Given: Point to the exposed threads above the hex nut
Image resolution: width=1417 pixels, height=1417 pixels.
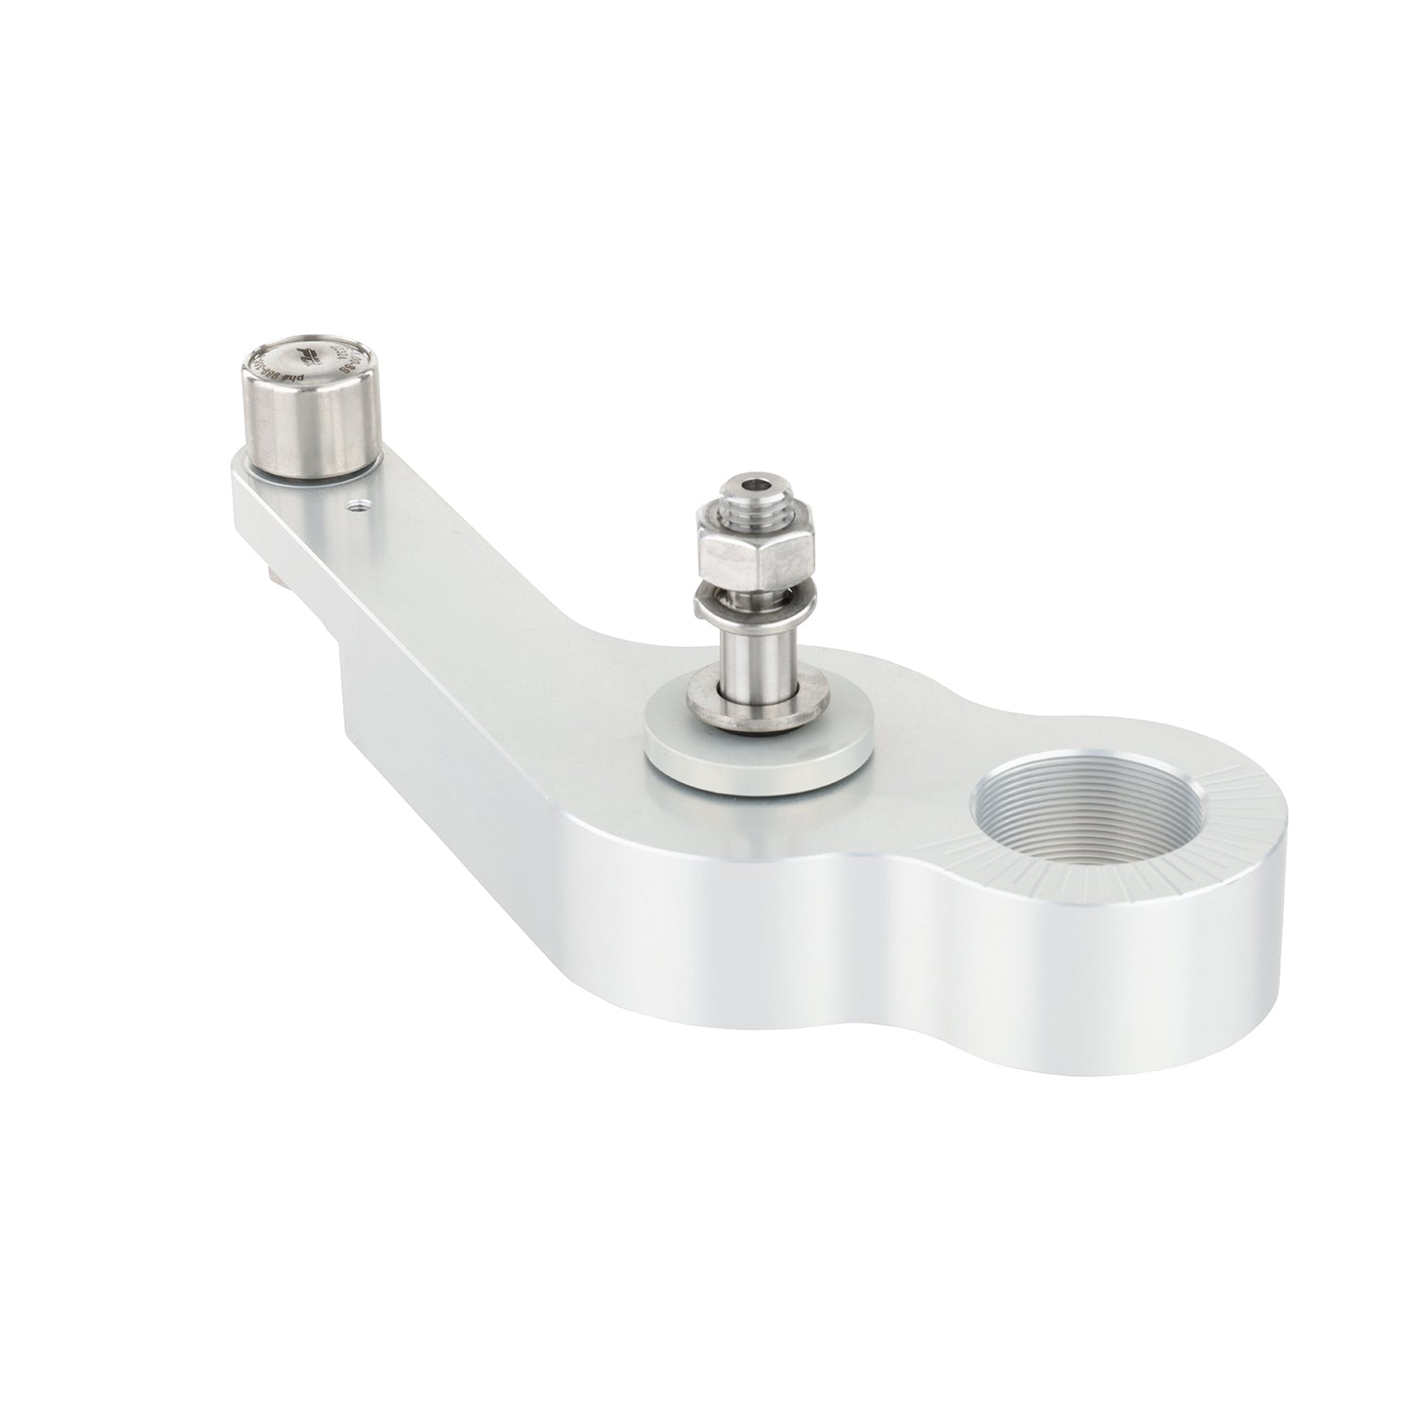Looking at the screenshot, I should tap(757, 511).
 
